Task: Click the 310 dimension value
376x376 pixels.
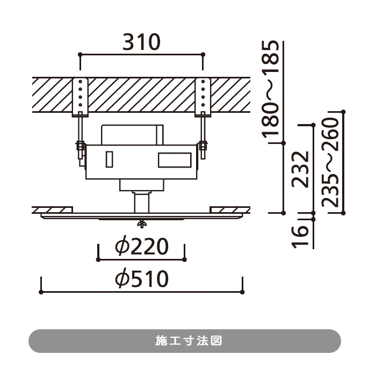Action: (141, 42)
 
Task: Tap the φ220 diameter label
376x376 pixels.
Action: (142, 246)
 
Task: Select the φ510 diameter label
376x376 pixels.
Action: (142, 279)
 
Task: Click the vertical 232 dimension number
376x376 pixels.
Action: (300, 170)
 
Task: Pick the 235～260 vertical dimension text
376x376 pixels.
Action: (330, 162)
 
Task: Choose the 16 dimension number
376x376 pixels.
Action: (300, 237)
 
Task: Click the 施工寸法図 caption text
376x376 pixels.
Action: (189, 341)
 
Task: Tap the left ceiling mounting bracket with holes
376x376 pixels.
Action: (81, 97)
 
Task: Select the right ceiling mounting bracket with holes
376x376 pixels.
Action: (203, 97)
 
